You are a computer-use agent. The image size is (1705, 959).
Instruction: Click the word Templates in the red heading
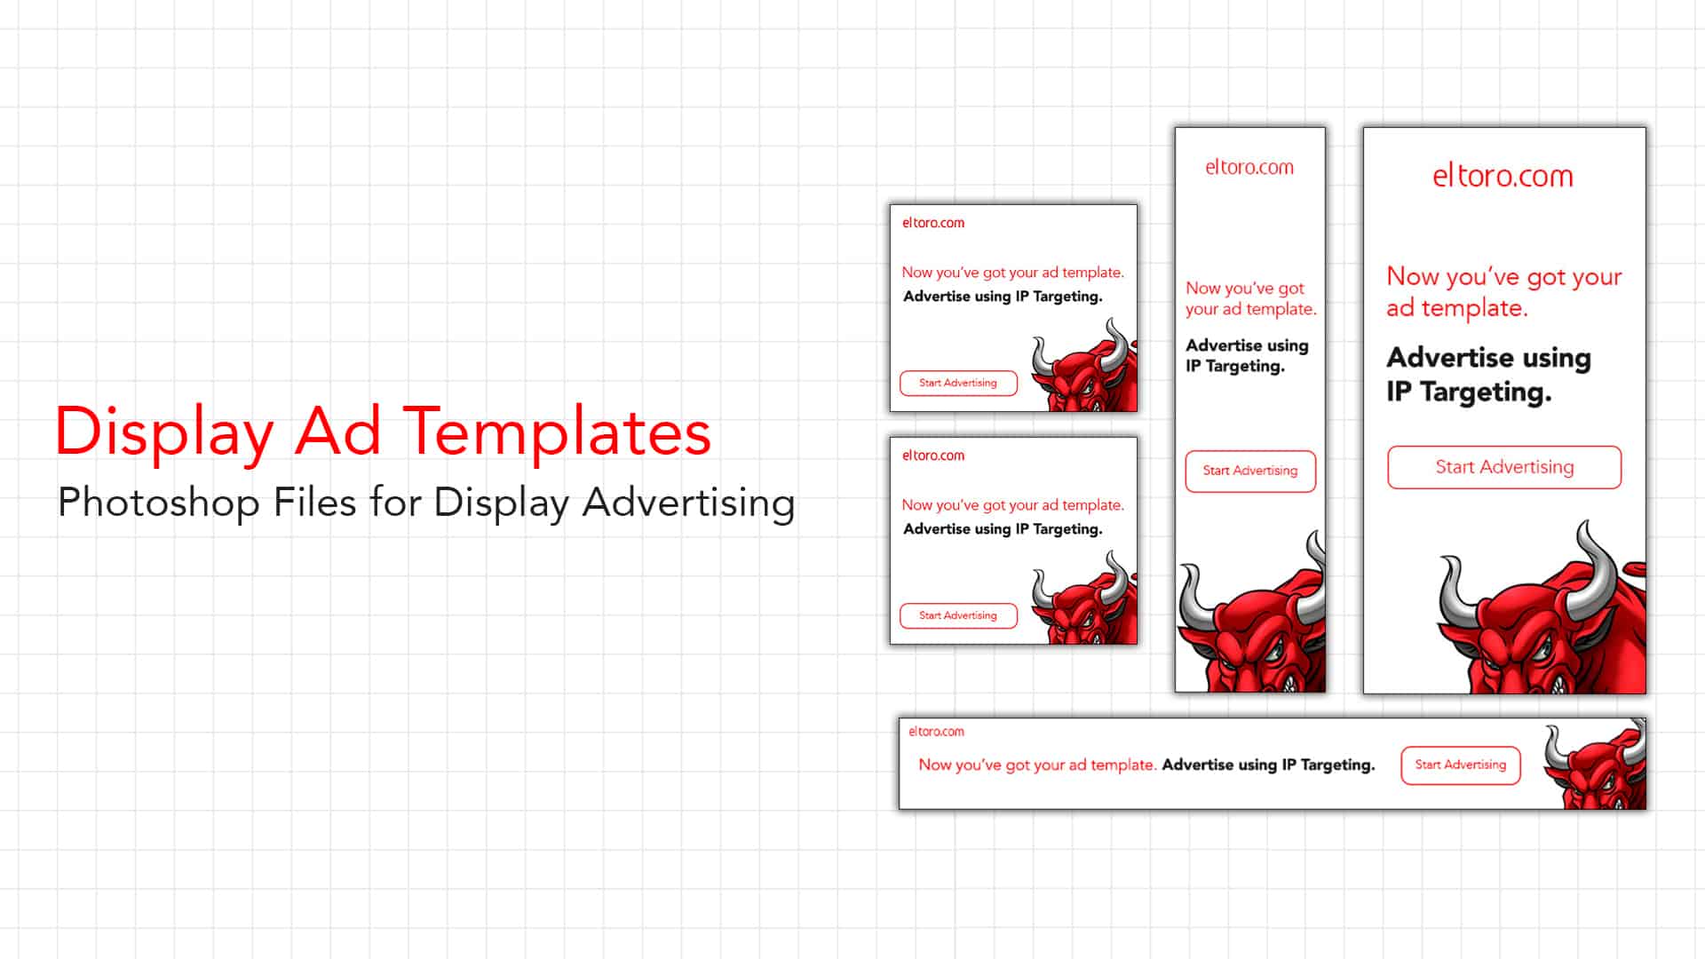click(x=557, y=432)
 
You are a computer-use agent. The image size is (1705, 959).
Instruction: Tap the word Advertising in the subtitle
click(x=689, y=503)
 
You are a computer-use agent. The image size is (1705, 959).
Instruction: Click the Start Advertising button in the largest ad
click(x=1504, y=467)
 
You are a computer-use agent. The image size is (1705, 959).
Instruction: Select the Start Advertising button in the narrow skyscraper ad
click(x=1250, y=471)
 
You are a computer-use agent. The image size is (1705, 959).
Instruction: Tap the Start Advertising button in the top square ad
click(x=958, y=383)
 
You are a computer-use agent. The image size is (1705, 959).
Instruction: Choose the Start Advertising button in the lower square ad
click(x=958, y=615)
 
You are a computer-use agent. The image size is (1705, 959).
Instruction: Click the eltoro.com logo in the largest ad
click(x=1503, y=176)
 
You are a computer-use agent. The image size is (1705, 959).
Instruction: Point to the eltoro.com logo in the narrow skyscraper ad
click(x=1249, y=167)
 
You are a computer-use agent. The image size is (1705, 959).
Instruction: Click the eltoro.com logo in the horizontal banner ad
click(x=936, y=732)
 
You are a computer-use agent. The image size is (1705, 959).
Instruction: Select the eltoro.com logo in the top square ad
click(x=933, y=223)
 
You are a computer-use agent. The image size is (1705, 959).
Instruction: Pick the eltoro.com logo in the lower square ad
click(x=933, y=456)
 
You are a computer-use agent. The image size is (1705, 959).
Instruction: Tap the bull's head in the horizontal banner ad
click(x=1597, y=767)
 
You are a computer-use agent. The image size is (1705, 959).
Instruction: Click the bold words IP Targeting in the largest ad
click(x=1469, y=392)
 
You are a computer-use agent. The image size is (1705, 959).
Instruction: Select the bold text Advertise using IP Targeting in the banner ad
click(x=1268, y=765)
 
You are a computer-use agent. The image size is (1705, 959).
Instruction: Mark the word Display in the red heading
click(x=164, y=432)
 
